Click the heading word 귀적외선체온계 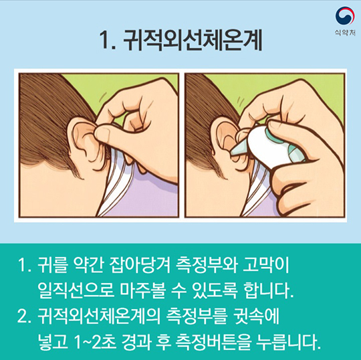[x=193, y=41]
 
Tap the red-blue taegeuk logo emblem [x=345, y=15]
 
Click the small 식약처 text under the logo [x=345, y=33]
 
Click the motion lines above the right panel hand [x=241, y=102]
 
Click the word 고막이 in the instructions [x=265, y=266]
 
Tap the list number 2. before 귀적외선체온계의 [x=23, y=317]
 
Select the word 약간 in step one [x=88, y=266]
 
